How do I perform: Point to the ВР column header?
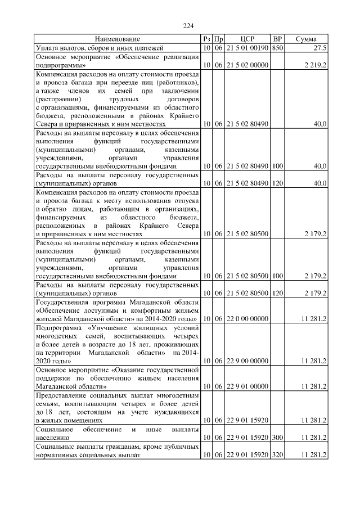pos(277,39)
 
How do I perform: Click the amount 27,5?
pos(319,49)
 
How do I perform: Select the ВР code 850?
pos(277,49)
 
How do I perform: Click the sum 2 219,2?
pos(316,66)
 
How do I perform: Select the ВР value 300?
pos(277,436)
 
